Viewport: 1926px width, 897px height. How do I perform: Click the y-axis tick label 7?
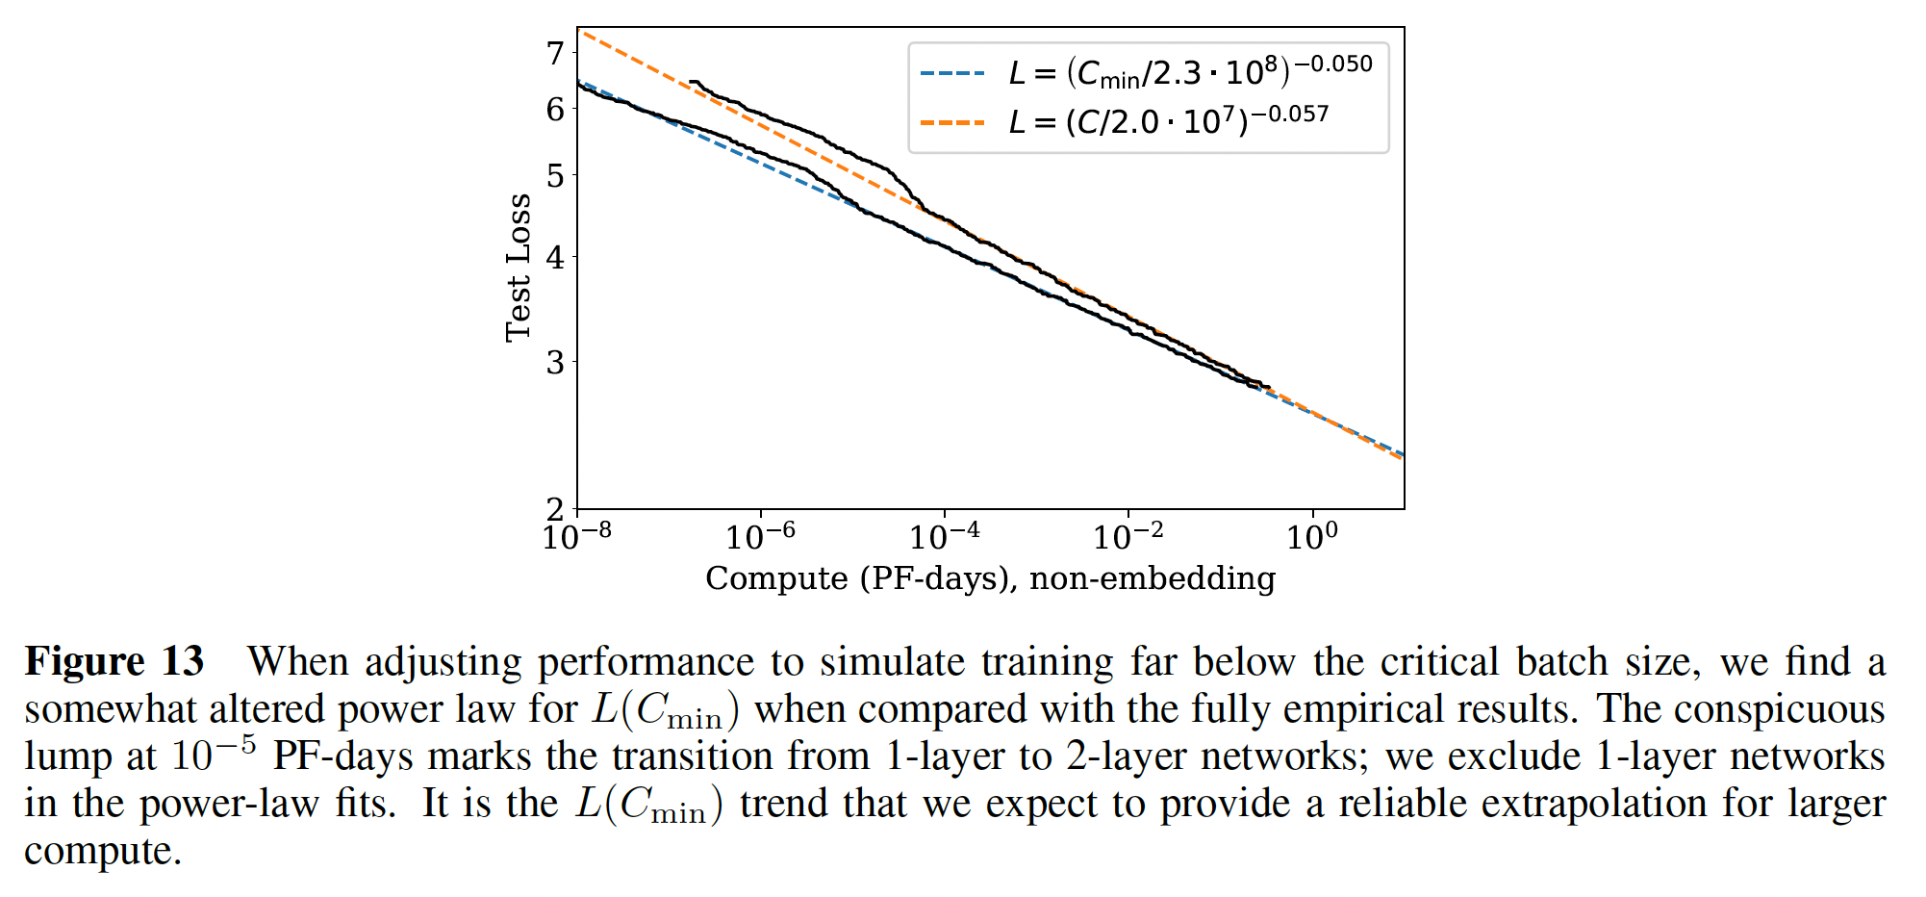point(555,54)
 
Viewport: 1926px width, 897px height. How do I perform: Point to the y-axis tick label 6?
point(555,110)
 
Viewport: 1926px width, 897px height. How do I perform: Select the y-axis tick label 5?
point(555,176)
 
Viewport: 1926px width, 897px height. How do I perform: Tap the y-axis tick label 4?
point(555,258)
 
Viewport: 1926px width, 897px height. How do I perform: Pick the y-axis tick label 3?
point(555,363)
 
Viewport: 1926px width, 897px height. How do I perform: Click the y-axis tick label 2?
point(555,509)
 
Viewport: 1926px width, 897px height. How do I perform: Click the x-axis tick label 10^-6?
point(760,535)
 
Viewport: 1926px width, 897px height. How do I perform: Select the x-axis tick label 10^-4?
point(944,535)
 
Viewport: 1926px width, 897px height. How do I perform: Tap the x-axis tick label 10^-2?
point(1128,535)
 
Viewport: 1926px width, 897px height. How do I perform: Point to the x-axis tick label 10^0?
point(1311,535)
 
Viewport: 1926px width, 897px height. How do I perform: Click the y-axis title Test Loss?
point(519,268)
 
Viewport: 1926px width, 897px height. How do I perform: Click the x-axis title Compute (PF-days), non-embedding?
point(990,578)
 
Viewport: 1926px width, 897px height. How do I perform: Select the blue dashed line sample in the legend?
point(952,73)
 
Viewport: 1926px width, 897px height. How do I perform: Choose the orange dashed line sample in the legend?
point(952,123)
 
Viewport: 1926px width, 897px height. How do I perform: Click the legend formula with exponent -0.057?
point(1168,121)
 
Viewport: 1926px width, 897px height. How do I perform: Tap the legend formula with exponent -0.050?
point(1190,70)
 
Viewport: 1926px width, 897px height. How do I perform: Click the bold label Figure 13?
point(114,662)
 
